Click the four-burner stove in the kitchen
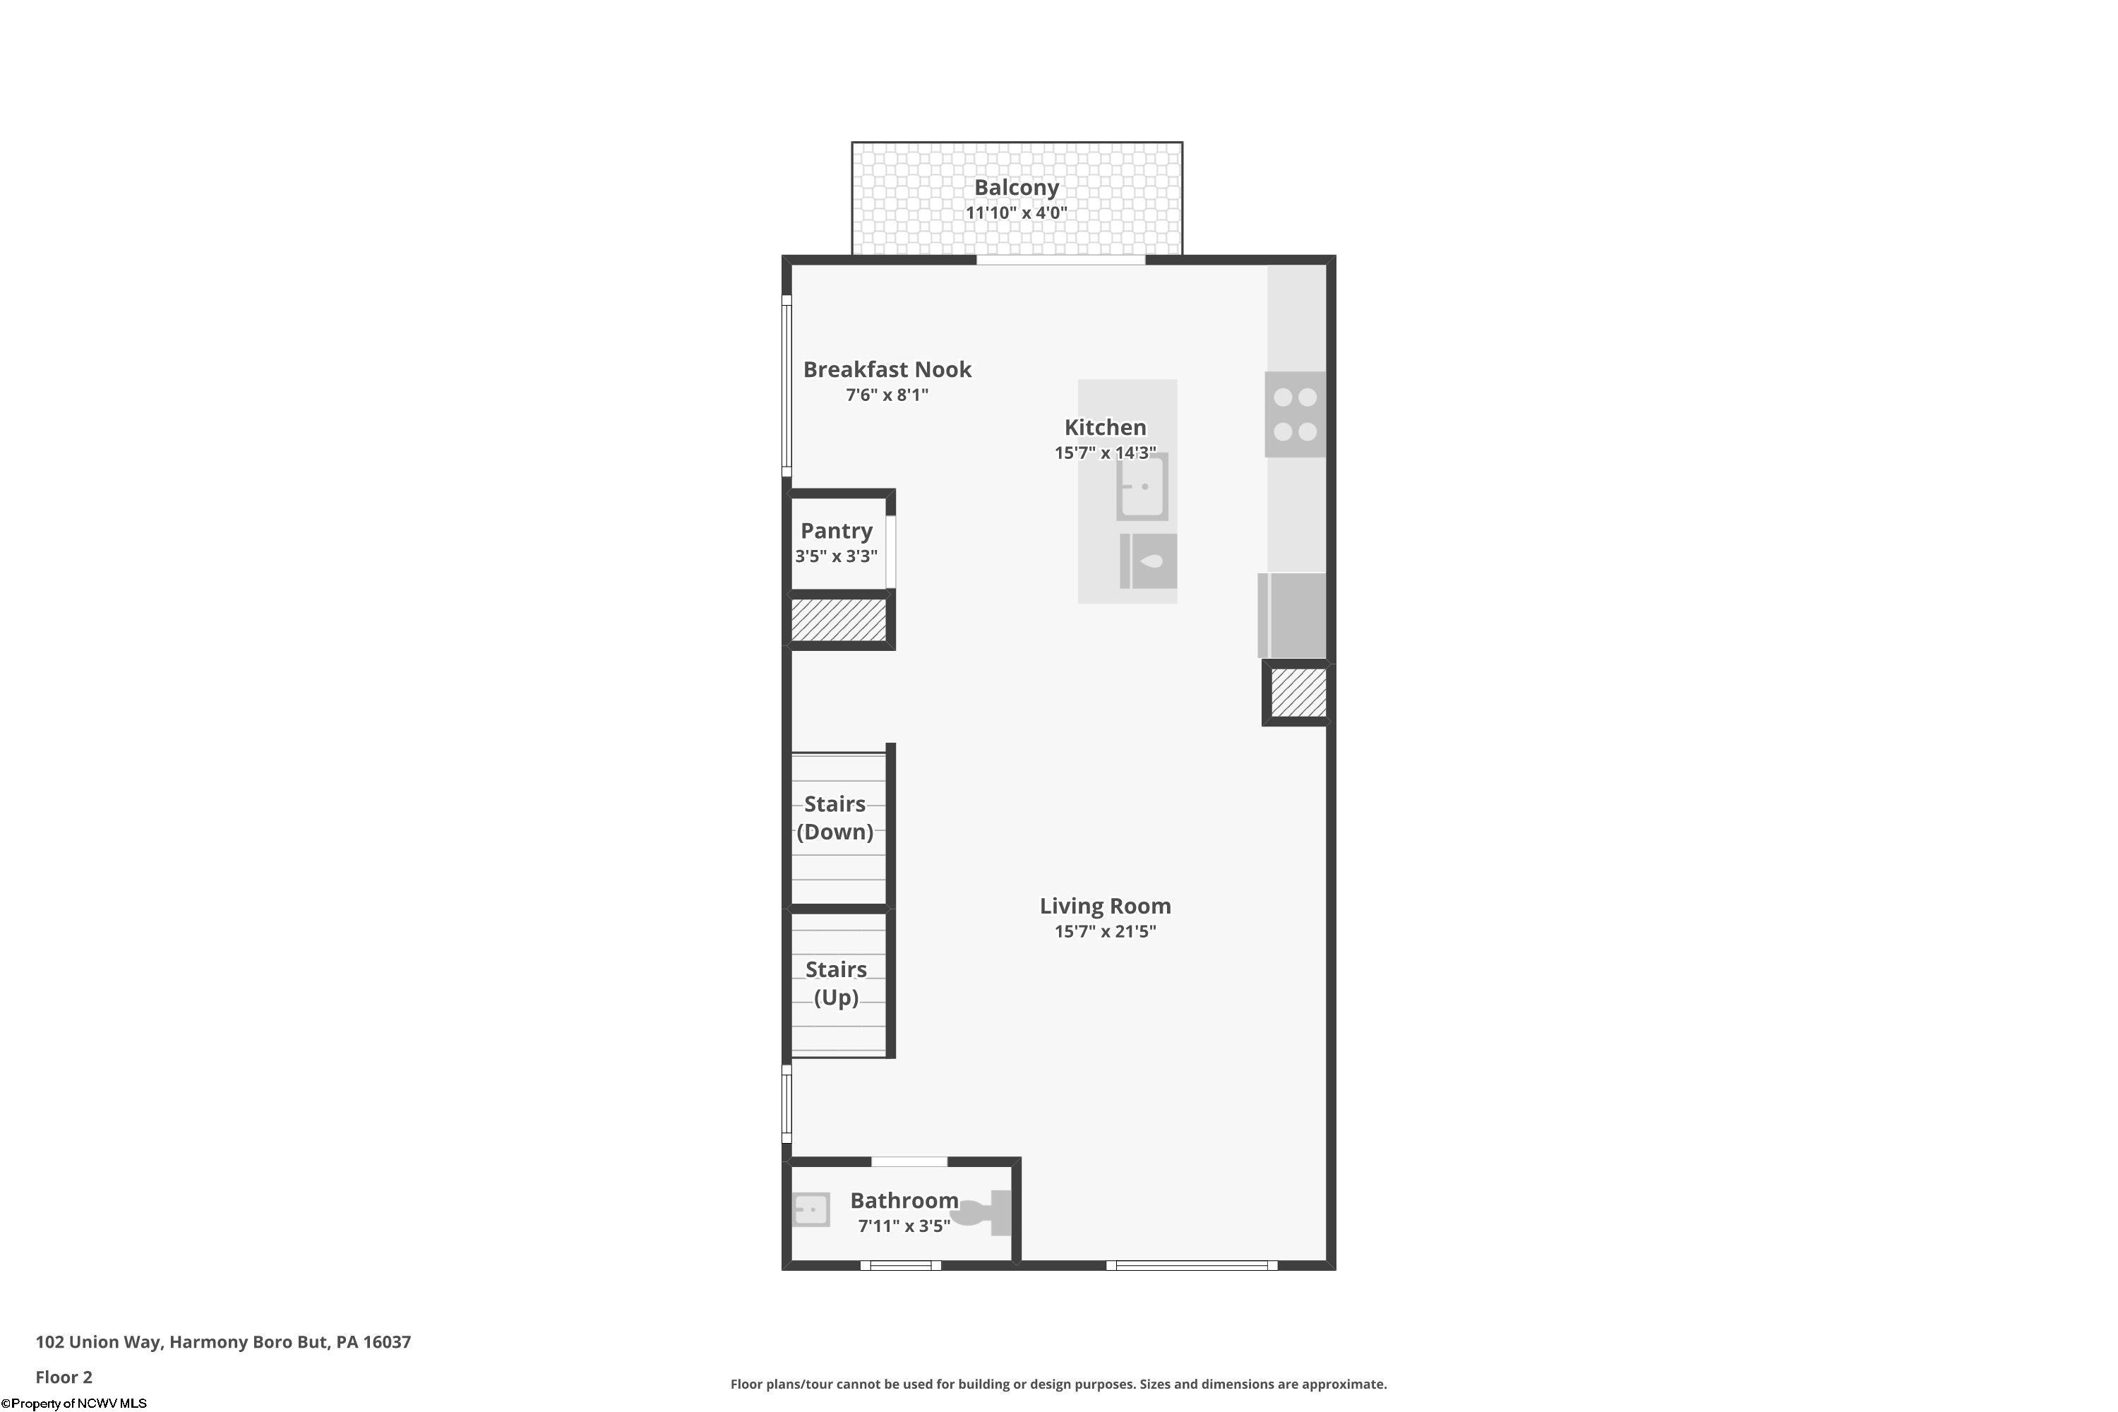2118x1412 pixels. [1295, 414]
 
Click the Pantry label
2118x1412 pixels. [837, 530]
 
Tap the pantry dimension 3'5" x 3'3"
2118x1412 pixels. [836, 556]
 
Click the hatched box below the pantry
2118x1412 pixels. [839, 621]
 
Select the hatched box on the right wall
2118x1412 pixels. [1298, 693]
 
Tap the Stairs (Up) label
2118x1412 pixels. [836, 983]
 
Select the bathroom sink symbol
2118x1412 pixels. [810, 1209]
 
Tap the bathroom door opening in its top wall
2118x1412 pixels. [909, 1161]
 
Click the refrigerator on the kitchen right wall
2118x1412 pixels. [1293, 615]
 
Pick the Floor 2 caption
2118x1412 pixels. [64, 1377]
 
